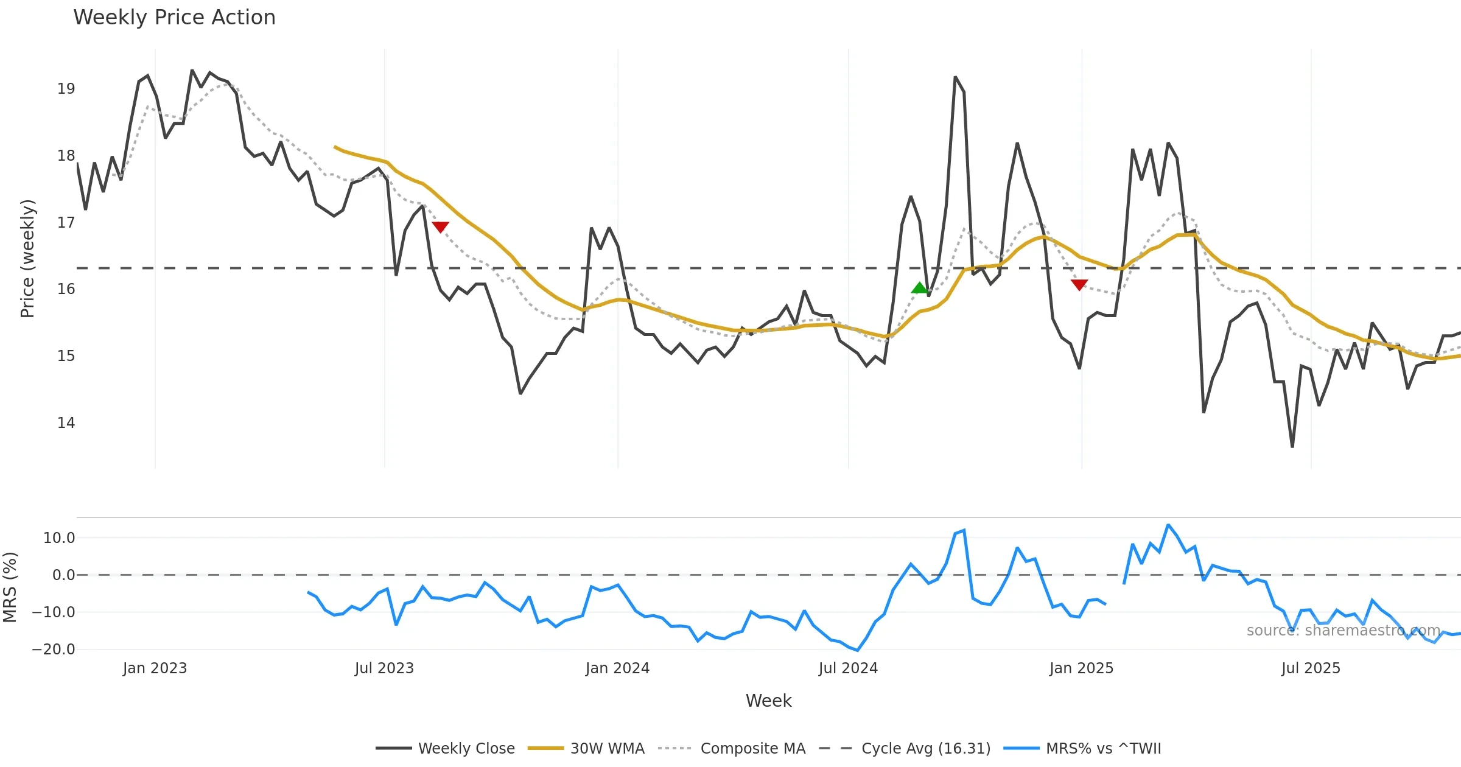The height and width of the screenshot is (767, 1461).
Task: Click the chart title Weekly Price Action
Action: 174,18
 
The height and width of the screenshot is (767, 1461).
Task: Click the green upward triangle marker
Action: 919,288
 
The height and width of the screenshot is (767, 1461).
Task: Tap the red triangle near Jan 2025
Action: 1079,284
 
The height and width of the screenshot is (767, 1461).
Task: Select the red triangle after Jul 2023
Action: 440,227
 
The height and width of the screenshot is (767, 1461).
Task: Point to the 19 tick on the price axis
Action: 66,89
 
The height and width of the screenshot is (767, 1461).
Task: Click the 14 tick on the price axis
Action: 66,423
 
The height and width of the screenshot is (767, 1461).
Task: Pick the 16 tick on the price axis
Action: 66,289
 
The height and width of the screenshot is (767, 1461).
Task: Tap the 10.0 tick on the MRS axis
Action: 59,538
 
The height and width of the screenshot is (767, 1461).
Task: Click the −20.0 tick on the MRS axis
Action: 54,650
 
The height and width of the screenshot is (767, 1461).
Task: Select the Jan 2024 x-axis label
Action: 617,668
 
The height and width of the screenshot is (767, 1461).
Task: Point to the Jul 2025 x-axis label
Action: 1311,668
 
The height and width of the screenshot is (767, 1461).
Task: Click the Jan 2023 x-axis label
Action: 155,668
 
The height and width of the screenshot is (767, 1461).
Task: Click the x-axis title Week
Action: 768,701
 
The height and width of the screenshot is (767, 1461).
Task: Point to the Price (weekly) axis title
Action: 28,259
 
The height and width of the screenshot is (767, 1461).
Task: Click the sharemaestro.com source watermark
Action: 1343,631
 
